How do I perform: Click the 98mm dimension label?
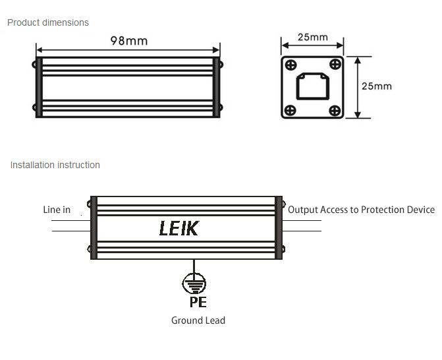coord(128,40)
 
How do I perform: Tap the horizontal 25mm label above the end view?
coord(312,37)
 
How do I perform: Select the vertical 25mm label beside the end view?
coord(377,86)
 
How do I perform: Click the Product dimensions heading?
coord(47,22)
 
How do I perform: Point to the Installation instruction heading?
coord(55,165)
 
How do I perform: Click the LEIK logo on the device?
coord(179,229)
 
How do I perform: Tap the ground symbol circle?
coord(193,284)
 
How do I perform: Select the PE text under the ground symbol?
coord(198,303)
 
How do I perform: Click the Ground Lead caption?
coord(198,320)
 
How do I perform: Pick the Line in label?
coord(57,210)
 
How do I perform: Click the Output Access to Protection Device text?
coord(361,210)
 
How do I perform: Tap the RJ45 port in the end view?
coord(312,86)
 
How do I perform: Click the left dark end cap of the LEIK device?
coord(94,227)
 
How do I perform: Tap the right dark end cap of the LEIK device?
coord(279,227)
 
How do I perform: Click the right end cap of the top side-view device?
coord(216,86)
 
